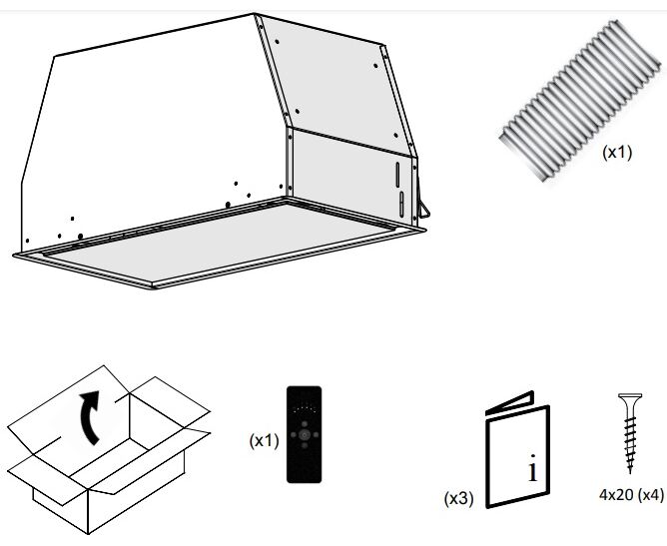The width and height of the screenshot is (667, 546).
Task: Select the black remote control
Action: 306,434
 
